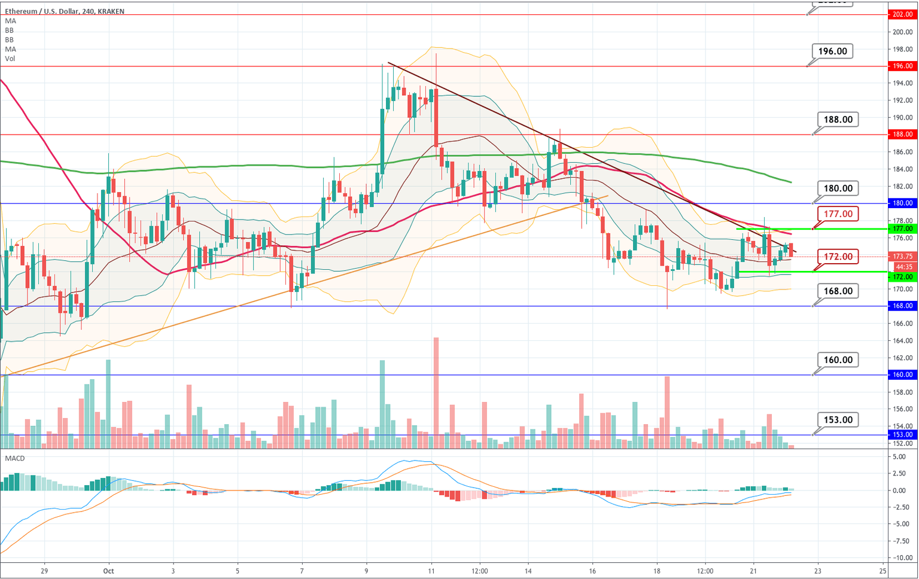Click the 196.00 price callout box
point(832,51)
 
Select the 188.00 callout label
point(838,120)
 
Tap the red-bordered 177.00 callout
point(838,214)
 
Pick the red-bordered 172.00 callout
point(838,257)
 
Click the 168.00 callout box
point(838,291)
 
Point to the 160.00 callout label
point(838,360)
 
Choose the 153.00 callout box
point(838,420)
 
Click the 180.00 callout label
point(838,188)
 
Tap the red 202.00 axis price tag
point(902,14)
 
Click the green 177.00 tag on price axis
point(902,228)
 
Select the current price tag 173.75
point(902,256)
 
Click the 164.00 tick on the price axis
point(903,341)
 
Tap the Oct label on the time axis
point(108,571)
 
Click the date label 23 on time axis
point(818,571)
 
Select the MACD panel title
point(15,458)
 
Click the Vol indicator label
point(10,59)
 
